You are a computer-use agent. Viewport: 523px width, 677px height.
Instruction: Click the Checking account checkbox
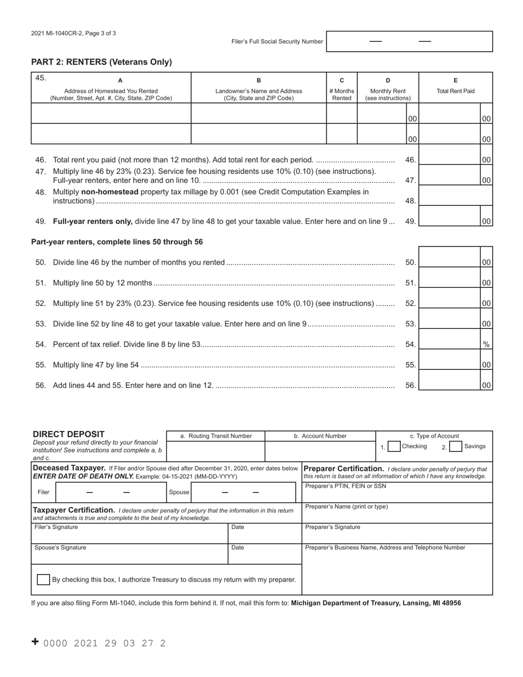[x=394, y=447]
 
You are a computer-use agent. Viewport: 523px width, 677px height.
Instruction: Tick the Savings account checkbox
[x=455, y=447]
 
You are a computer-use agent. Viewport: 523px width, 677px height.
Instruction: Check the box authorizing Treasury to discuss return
[x=43, y=580]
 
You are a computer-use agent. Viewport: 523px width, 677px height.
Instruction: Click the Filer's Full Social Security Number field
[x=409, y=41]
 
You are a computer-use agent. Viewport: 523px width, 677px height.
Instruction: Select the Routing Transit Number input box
[x=215, y=451]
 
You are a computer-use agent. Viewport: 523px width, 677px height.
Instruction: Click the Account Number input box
[x=320, y=451]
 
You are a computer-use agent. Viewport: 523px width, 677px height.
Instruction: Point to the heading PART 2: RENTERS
[x=101, y=62]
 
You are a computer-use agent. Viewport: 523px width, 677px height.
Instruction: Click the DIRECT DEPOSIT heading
[x=68, y=434]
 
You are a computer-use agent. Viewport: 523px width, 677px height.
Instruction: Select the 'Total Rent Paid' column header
[x=455, y=91]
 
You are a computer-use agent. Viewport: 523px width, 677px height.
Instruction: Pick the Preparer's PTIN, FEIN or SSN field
[x=397, y=492]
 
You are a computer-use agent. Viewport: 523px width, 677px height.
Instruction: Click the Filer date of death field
[x=111, y=492]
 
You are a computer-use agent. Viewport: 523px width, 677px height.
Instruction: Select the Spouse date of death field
[x=243, y=492]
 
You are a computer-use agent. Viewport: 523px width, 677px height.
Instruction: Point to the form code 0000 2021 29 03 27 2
[x=104, y=643]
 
